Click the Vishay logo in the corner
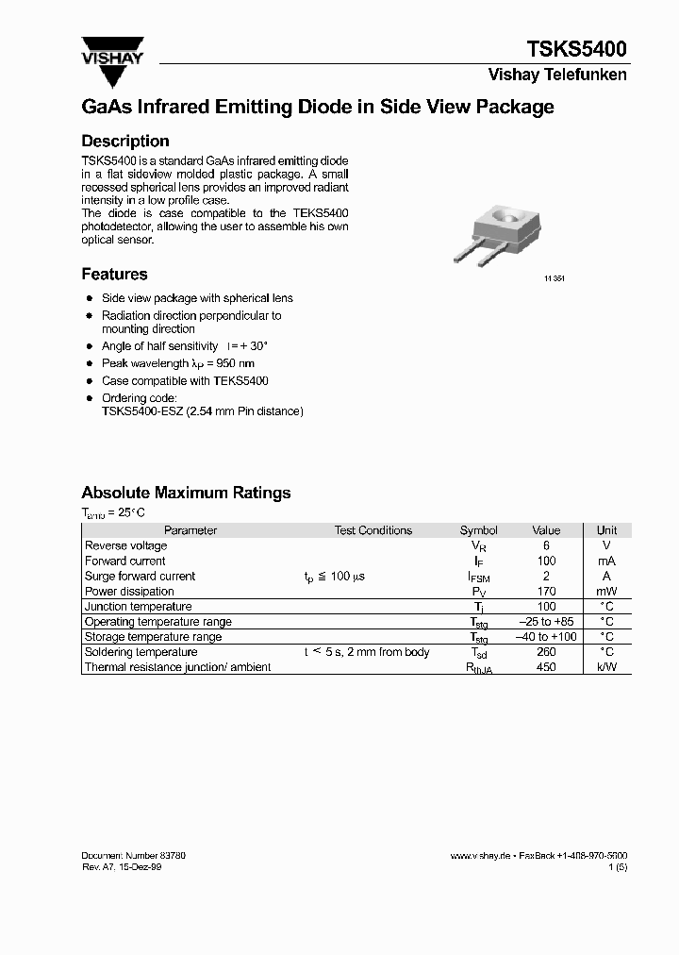coord(111,53)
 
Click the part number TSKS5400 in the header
coord(575,49)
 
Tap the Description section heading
coord(125,142)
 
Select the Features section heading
coord(114,275)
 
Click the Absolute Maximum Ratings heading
coord(186,493)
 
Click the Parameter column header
coord(190,530)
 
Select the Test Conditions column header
coord(373,530)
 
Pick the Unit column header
coord(606,530)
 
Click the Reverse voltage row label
coord(125,545)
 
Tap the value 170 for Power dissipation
coord(546,592)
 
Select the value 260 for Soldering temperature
coord(546,652)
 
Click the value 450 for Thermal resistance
coord(546,667)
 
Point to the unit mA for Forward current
coord(606,561)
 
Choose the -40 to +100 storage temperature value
coord(546,637)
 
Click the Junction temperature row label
coord(138,607)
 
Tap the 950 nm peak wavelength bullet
coord(178,363)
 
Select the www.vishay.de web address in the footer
coord(481,855)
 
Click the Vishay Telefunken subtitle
coord(557,75)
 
